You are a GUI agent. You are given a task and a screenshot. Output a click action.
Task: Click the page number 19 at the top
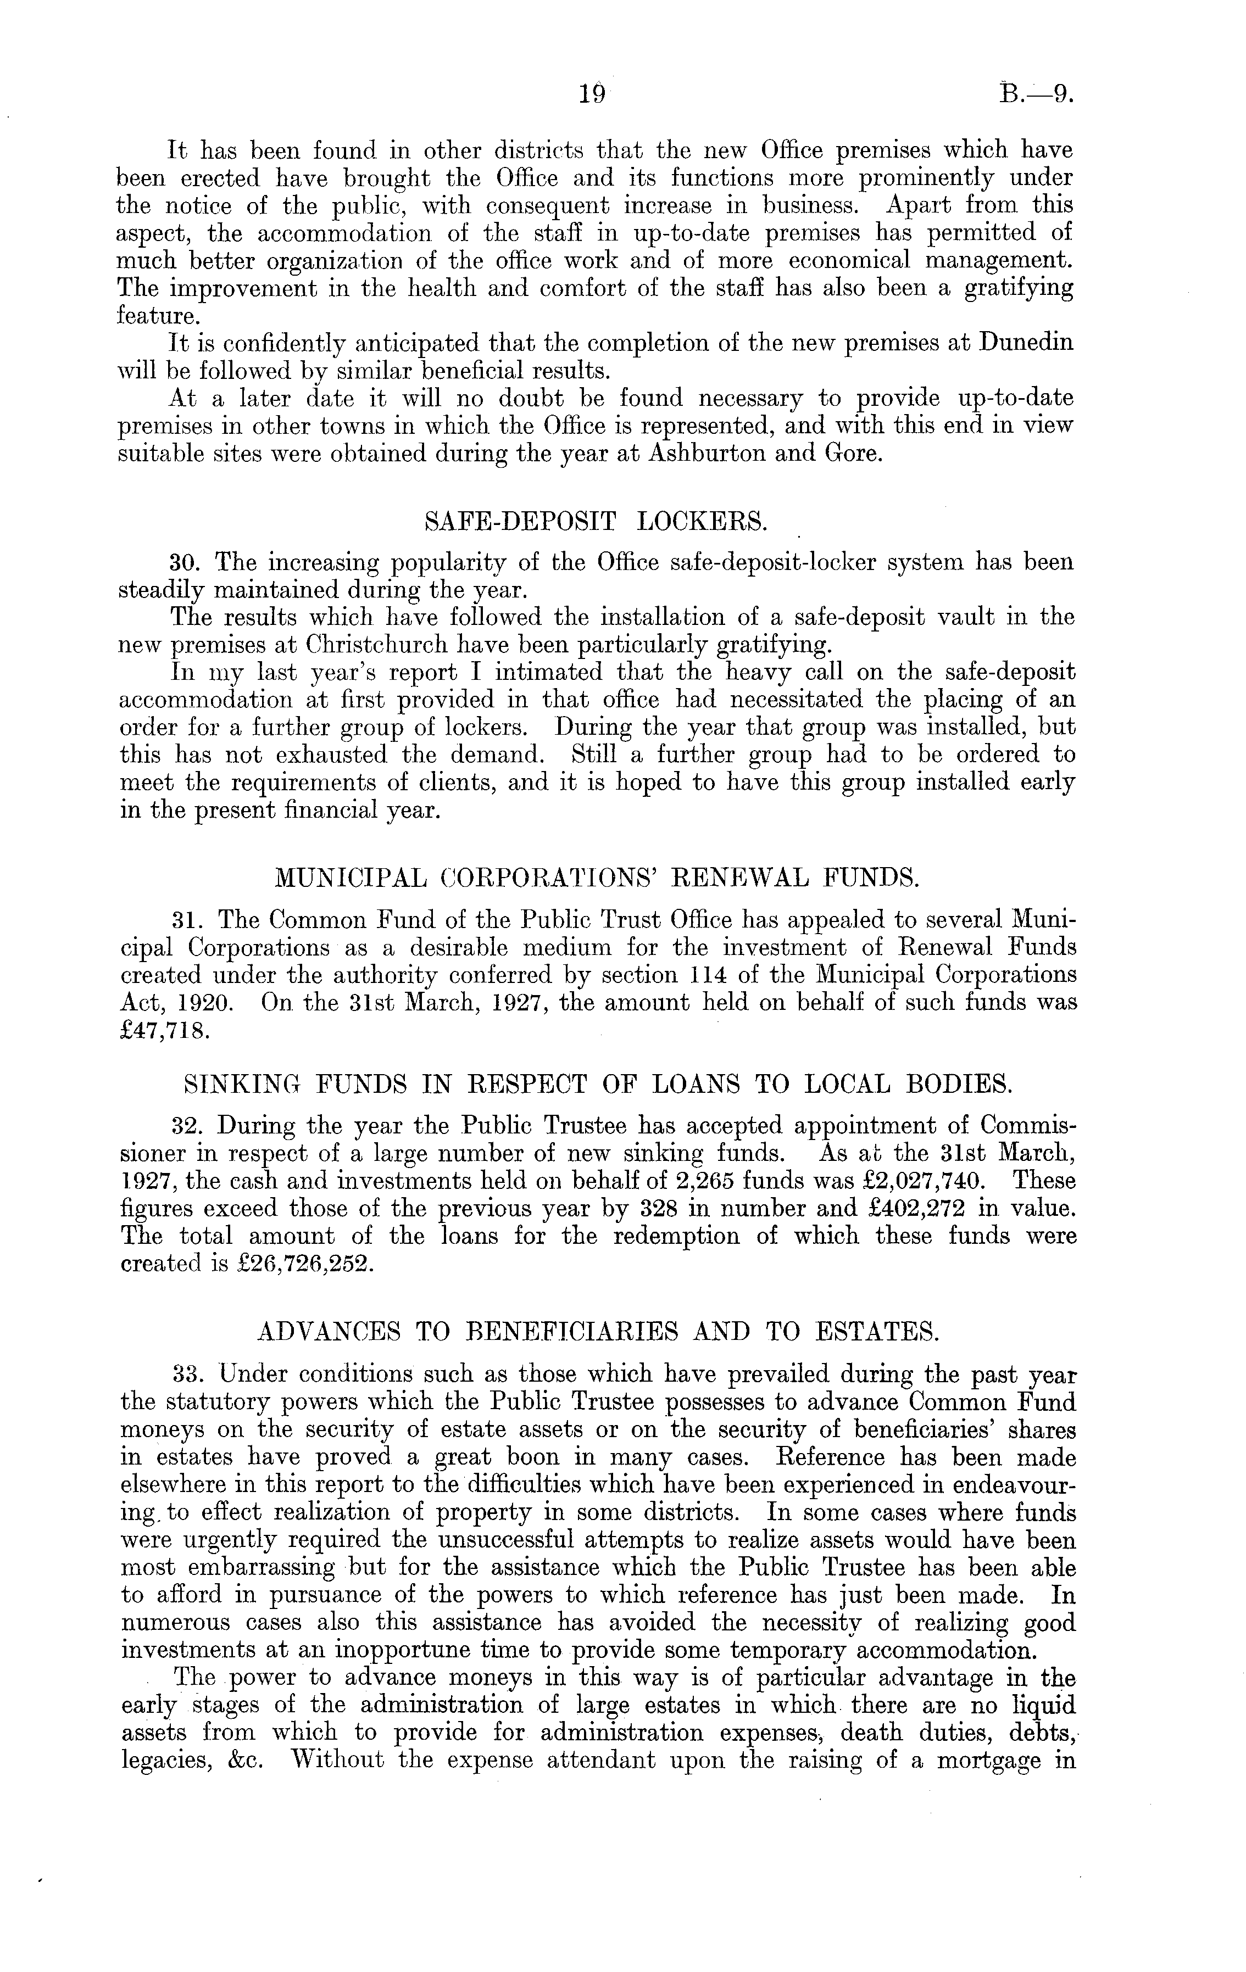(x=591, y=95)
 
